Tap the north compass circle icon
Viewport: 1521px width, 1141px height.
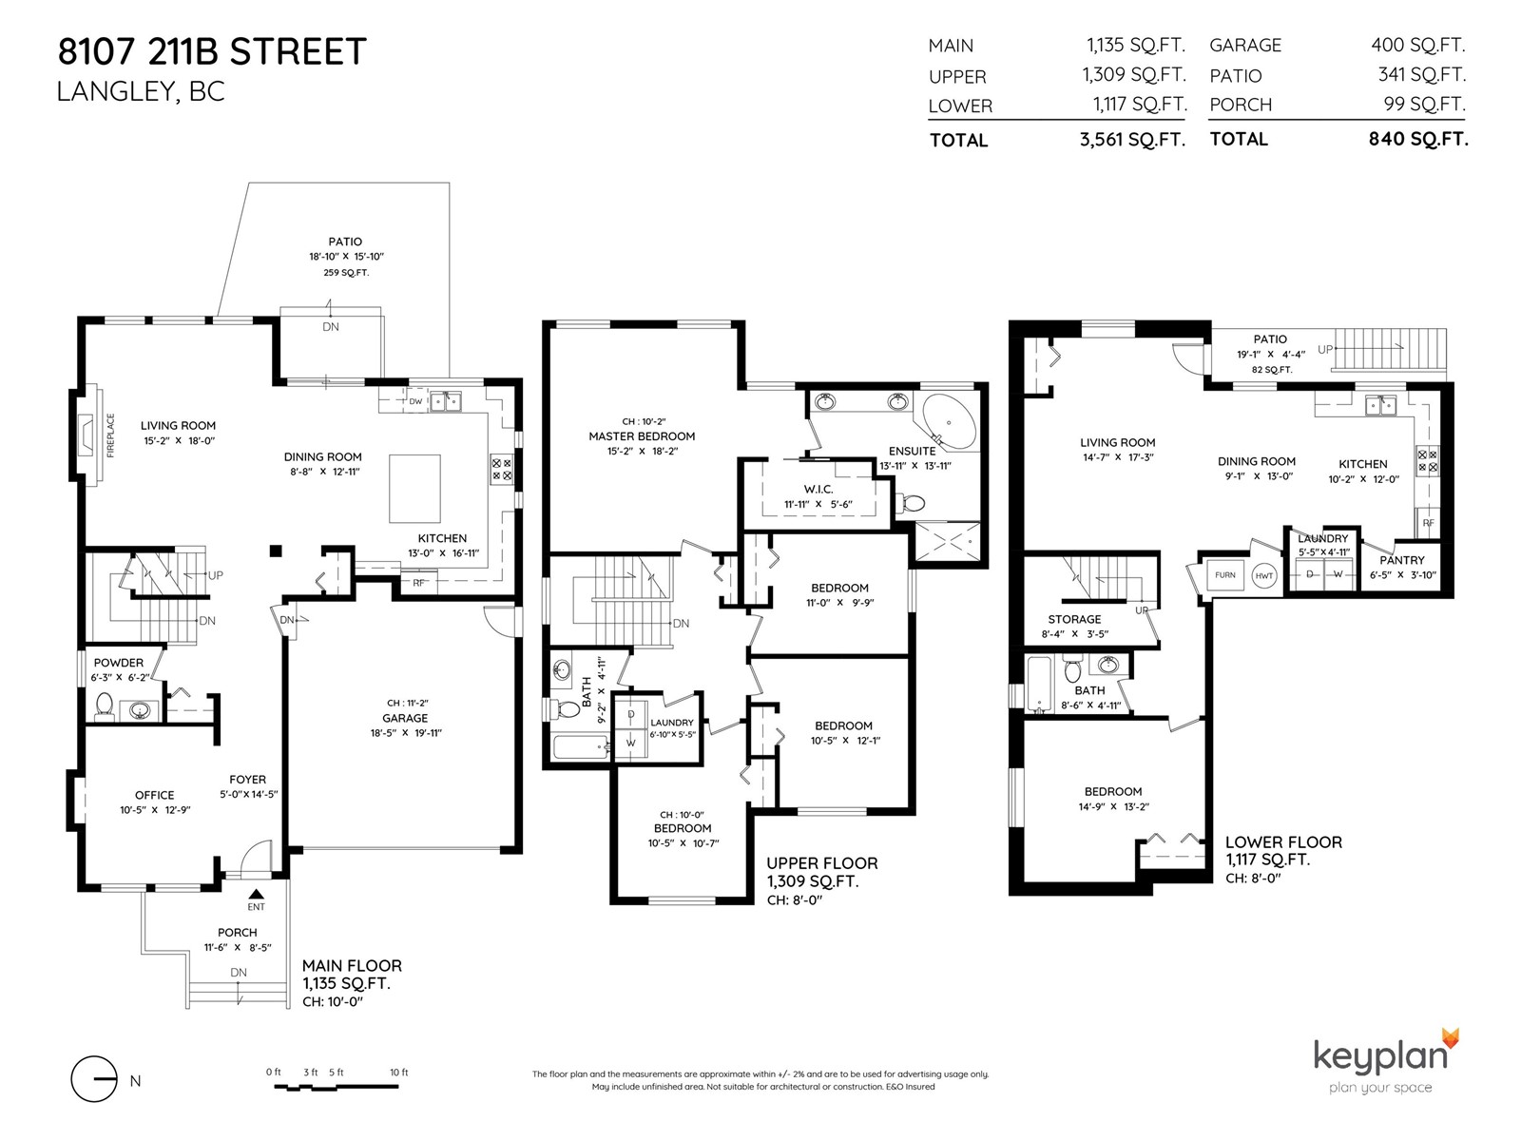[x=93, y=1078]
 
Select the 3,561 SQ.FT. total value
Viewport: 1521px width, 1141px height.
[x=1132, y=139]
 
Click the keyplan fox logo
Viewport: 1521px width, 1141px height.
[x=1451, y=1039]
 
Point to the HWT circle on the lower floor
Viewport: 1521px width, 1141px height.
[x=1264, y=575]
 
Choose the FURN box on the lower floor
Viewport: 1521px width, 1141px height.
[x=1224, y=574]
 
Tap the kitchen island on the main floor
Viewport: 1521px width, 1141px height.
[x=414, y=489]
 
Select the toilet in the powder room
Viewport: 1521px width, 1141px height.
[x=104, y=705]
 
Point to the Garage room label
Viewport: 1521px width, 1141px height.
[x=405, y=719]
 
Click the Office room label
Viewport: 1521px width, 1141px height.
[x=155, y=795]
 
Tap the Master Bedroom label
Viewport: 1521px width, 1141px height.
[x=642, y=435]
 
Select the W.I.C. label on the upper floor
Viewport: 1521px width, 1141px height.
[x=818, y=489]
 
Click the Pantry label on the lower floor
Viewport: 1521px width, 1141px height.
[x=1402, y=560]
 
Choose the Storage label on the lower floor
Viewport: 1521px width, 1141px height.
[x=1074, y=619]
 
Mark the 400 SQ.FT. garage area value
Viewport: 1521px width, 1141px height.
[x=1417, y=45]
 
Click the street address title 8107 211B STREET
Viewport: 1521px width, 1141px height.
[x=212, y=51]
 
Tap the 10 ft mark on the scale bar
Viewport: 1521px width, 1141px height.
[x=399, y=1072]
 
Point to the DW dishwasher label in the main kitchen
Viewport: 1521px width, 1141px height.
[x=415, y=401]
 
